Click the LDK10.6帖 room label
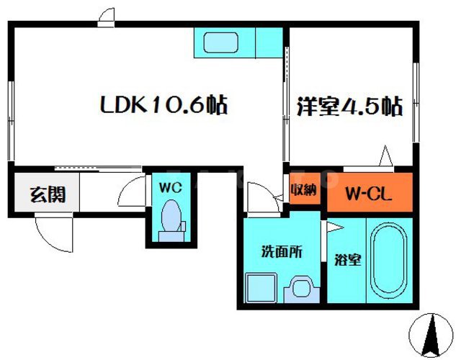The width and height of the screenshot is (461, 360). [x=163, y=107]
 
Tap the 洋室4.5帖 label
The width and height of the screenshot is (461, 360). [x=349, y=107]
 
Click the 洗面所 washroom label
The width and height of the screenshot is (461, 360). [x=281, y=253]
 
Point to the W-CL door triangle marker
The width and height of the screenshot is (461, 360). [x=386, y=156]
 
